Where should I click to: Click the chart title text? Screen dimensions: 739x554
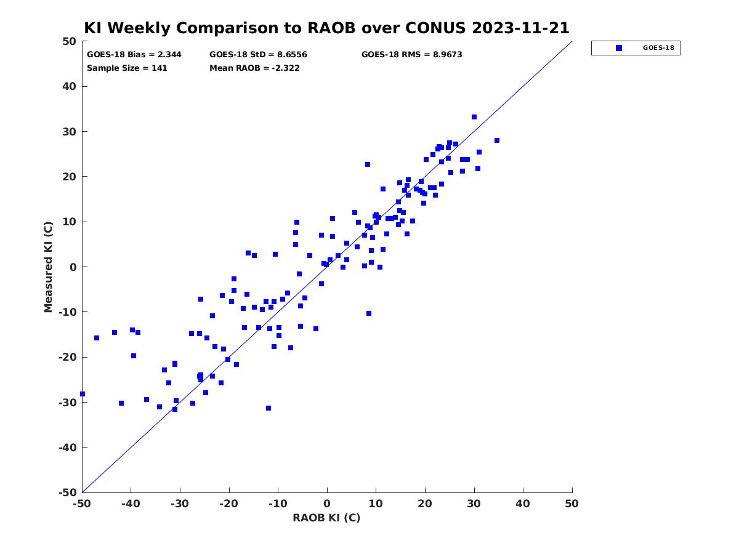click(326, 28)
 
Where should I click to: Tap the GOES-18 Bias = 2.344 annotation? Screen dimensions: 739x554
click(134, 55)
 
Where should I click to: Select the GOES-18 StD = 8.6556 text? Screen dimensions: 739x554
click(258, 55)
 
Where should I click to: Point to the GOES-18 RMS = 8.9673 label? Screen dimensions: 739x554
click(411, 55)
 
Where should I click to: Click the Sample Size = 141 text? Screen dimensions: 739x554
click(127, 68)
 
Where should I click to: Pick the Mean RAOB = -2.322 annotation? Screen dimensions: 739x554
click(254, 68)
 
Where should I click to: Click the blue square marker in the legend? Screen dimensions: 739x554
click(618, 48)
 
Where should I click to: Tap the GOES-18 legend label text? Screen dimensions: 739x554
click(658, 48)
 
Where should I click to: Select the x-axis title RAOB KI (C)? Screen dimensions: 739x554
click(326, 518)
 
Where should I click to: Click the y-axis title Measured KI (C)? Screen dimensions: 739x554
click(48, 267)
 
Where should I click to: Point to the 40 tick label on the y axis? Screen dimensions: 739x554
click(70, 86)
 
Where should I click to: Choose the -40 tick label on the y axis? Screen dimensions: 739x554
click(67, 447)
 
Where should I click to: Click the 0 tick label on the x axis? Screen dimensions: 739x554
click(327, 504)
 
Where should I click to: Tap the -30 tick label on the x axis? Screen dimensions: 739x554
click(179, 504)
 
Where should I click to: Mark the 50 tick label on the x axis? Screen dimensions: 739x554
click(571, 504)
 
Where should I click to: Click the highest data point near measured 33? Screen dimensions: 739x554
click(474, 117)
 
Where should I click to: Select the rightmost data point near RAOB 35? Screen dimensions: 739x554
click(496, 140)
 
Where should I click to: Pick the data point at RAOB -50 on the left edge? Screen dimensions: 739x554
click(83, 394)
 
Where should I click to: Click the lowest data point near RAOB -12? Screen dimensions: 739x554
click(269, 408)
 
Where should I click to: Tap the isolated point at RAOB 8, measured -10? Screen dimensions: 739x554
click(369, 313)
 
